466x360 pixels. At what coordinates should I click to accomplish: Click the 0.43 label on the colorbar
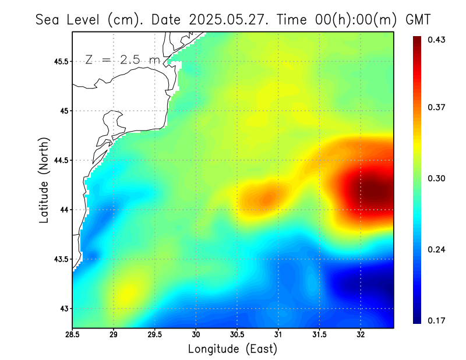pyautogui.click(x=436, y=40)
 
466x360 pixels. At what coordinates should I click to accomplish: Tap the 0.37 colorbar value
pyautogui.click(x=436, y=107)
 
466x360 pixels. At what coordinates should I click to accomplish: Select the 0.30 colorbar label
pyautogui.click(x=436, y=178)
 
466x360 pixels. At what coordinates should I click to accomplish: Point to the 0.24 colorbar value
pyautogui.click(x=436, y=250)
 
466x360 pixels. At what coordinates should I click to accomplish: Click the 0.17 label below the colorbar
pyautogui.click(x=436, y=320)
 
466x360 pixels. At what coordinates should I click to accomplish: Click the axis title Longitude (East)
pyautogui.click(x=232, y=349)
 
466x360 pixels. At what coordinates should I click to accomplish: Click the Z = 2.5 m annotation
pyautogui.click(x=122, y=59)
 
